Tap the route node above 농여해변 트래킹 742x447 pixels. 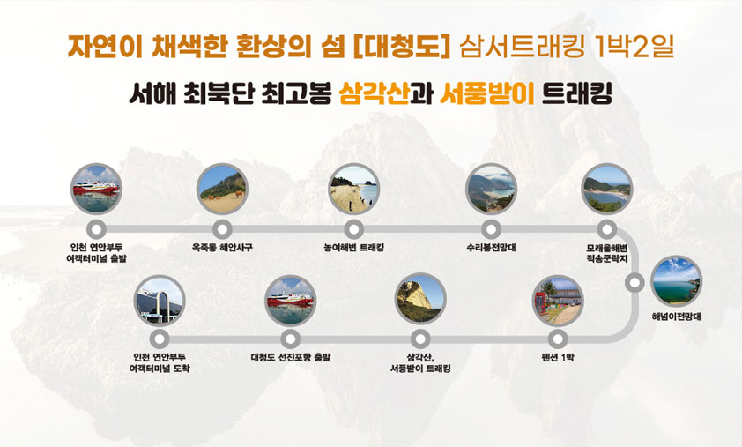353,230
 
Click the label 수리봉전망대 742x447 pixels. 491,248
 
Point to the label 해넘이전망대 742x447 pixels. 676,317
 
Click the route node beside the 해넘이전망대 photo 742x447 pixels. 634,283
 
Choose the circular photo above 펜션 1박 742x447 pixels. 558,301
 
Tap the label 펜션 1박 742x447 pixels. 558,357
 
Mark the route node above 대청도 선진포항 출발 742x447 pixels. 290,339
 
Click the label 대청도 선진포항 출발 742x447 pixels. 290,357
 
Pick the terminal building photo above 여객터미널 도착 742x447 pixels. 160,301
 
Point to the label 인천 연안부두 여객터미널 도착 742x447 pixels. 160,363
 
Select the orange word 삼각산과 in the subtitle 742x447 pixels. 387,93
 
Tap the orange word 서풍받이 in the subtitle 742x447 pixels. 486,93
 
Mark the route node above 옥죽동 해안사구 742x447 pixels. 222,230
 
